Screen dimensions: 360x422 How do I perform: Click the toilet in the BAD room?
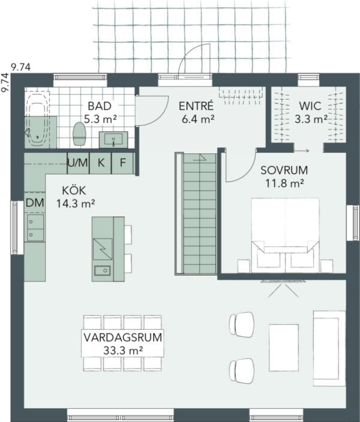coord(79,134)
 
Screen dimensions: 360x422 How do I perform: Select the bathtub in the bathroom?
coord(37,120)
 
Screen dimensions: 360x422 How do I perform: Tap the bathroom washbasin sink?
coord(113,139)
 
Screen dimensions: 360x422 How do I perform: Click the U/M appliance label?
coord(78,162)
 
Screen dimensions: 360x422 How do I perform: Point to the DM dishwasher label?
coord(35,202)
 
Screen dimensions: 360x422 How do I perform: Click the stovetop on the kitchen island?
coord(103,249)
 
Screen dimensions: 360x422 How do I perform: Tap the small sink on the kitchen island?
coord(102,270)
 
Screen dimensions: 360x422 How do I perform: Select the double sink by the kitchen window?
coord(35,228)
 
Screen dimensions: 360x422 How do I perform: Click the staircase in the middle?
coord(196,214)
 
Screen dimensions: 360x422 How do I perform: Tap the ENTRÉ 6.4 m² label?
coord(197,112)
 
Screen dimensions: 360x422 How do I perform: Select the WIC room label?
coord(310,106)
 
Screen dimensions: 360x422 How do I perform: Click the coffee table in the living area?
coord(284,347)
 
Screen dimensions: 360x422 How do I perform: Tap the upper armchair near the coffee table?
coord(242,324)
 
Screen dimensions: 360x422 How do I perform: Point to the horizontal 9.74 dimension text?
coord(21,67)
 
